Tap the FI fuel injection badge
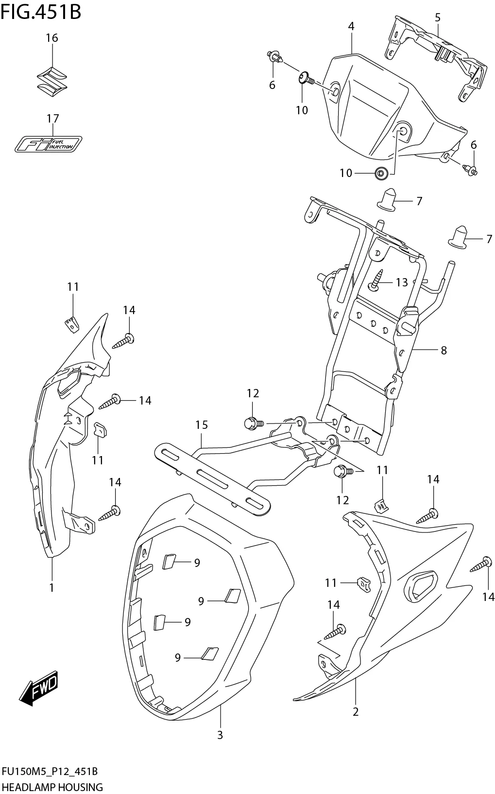[48, 143]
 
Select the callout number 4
[351, 26]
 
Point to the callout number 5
[437, 18]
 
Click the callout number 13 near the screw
[402, 282]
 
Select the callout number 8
[443, 350]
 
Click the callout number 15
[202, 425]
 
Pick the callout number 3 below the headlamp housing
[220, 735]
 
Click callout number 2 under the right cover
[356, 712]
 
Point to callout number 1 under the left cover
[51, 587]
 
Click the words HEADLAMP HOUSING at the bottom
[52, 787]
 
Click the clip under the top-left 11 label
[72, 324]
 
